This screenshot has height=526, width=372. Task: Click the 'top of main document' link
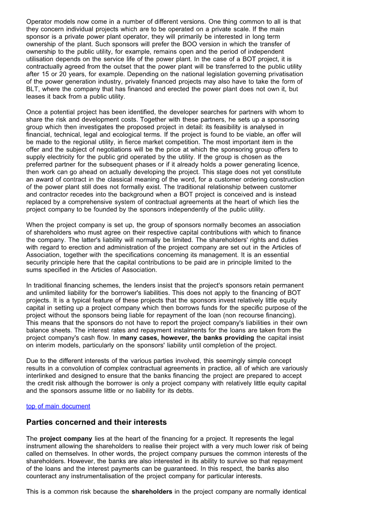58,406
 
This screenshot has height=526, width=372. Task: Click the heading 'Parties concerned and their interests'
96,422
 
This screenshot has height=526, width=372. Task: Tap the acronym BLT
34,89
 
